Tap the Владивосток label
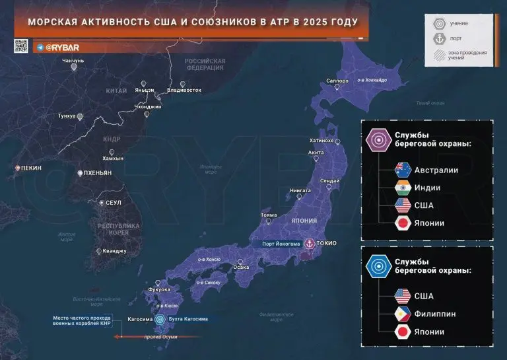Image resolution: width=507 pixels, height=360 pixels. click(184, 89)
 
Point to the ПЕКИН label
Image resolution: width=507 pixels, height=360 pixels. click(30, 168)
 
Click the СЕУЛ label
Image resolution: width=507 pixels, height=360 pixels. click(113, 202)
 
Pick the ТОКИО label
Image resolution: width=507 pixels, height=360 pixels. click(326, 243)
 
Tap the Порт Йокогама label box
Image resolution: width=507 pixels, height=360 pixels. click(278, 243)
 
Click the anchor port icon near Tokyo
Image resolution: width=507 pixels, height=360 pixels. click(306, 243)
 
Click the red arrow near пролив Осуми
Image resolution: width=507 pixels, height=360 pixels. click(132, 336)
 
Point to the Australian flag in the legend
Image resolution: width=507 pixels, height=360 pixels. click(401, 170)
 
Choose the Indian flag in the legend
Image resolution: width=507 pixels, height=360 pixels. click(401, 188)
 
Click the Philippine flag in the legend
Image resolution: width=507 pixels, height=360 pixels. click(401, 313)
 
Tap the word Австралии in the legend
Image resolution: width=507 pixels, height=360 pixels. click(437, 170)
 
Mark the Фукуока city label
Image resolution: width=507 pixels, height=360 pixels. click(160, 289)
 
